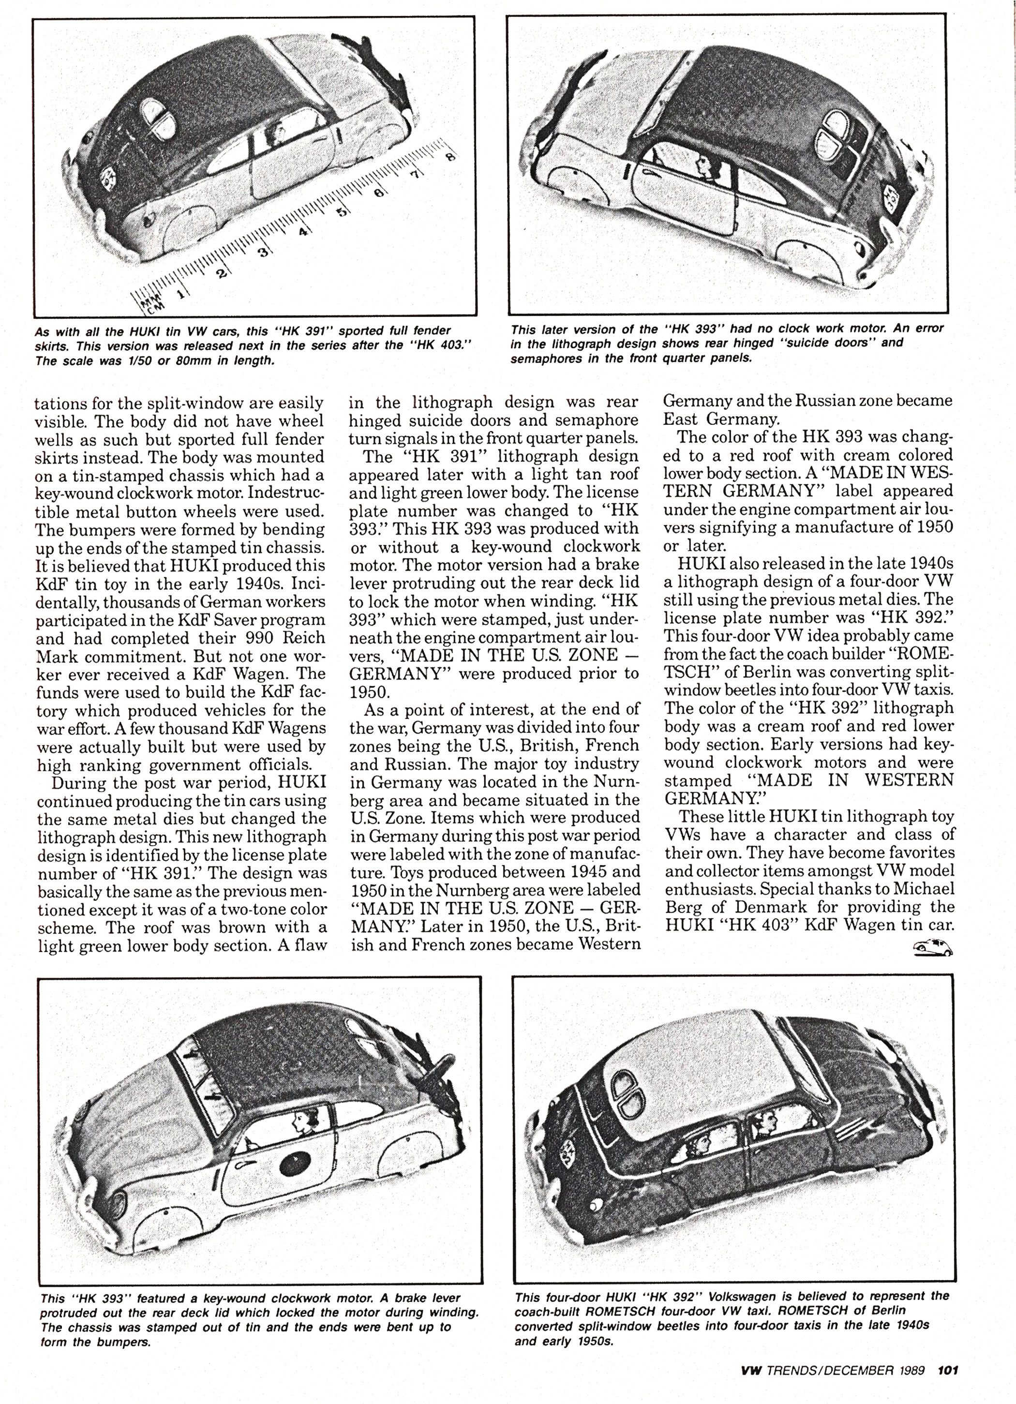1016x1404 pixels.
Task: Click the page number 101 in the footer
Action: click(948, 1371)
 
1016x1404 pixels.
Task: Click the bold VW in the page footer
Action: click(752, 1371)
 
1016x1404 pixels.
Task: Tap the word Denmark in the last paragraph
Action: click(771, 907)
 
